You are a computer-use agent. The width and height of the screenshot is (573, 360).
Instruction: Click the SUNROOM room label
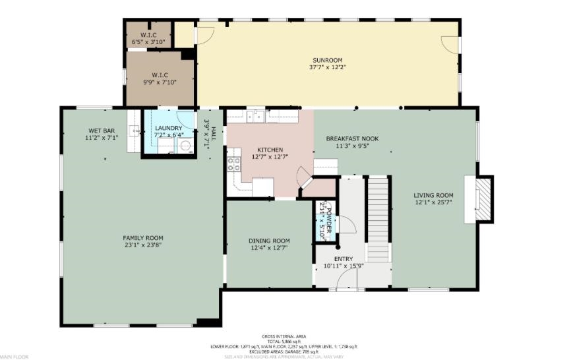pyautogui.click(x=327, y=60)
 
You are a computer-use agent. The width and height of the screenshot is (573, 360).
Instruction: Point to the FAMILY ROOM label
pyautogui.click(x=143, y=238)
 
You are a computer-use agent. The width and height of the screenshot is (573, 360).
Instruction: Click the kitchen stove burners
pyautogui.click(x=234, y=164)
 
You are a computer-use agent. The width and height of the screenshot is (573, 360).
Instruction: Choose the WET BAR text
pyautogui.click(x=101, y=131)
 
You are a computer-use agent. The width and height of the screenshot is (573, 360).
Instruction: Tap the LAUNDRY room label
pyautogui.click(x=168, y=128)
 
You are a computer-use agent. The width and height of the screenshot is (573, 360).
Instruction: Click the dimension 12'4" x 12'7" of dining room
pyautogui.click(x=268, y=249)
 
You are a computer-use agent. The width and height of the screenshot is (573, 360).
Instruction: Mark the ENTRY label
pyautogui.click(x=344, y=259)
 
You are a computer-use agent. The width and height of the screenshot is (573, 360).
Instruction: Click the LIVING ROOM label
pyautogui.click(x=433, y=195)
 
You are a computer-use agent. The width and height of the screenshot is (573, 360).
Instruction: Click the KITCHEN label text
pyautogui.click(x=270, y=150)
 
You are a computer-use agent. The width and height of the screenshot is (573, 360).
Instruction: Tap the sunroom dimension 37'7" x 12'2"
pyautogui.click(x=327, y=67)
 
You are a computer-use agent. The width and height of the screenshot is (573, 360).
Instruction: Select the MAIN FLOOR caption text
pyautogui.click(x=15, y=357)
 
